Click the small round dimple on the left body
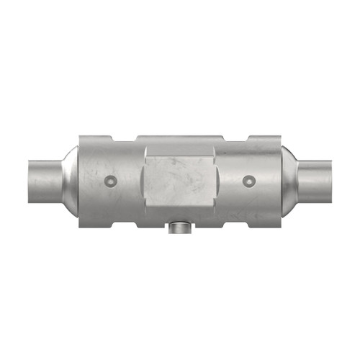pyautogui.click(x=110, y=179)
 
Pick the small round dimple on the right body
pyautogui.click(x=249, y=179)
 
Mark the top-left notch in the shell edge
pyautogui.click(x=123, y=137)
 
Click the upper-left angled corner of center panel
pyautogui.click(x=148, y=148)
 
